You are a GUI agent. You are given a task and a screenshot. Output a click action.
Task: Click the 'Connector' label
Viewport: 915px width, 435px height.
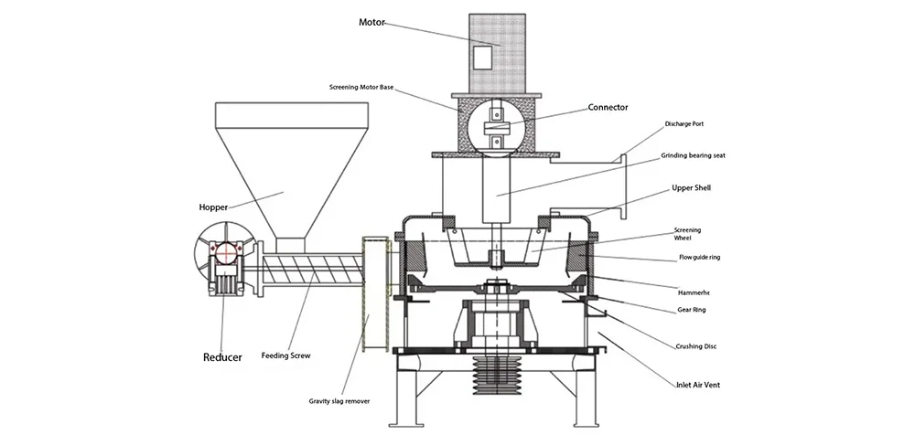pyautogui.click(x=608, y=107)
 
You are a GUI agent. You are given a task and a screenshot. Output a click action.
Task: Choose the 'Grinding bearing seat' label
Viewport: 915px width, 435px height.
pyautogui.click(x=692, y=156)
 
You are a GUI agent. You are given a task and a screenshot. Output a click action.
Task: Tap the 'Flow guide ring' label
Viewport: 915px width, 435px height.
pyautogui.click(x=699, y=258)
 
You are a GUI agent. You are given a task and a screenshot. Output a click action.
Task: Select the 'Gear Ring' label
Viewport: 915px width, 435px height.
pyautogui.click(x=692, y=310)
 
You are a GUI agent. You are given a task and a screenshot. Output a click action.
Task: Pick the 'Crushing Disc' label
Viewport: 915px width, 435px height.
pyautogui.click(x=696, y=346)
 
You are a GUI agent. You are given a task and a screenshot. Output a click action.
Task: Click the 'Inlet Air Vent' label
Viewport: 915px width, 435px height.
pyautogui.click(x=697, y=385)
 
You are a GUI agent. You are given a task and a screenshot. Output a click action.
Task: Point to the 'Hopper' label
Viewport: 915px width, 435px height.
pyautogui.click(x=214, y=207)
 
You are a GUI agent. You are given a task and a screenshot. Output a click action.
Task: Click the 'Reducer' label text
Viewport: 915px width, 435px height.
pyautogui.click(x=222, y=357)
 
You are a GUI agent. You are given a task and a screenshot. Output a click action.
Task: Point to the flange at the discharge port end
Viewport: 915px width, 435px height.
pyautogui.click(x=622, y=188)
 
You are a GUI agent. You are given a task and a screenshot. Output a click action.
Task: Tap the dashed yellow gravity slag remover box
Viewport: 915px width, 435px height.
pyautogui.click(x=375, y=292)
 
